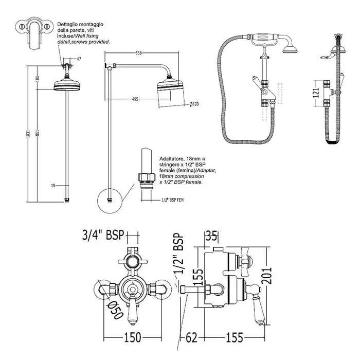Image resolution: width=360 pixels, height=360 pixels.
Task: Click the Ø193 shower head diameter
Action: coord(194,104)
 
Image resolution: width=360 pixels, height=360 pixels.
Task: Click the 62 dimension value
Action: coord(191,338)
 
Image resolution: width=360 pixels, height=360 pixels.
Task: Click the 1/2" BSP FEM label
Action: coord(173,199)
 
